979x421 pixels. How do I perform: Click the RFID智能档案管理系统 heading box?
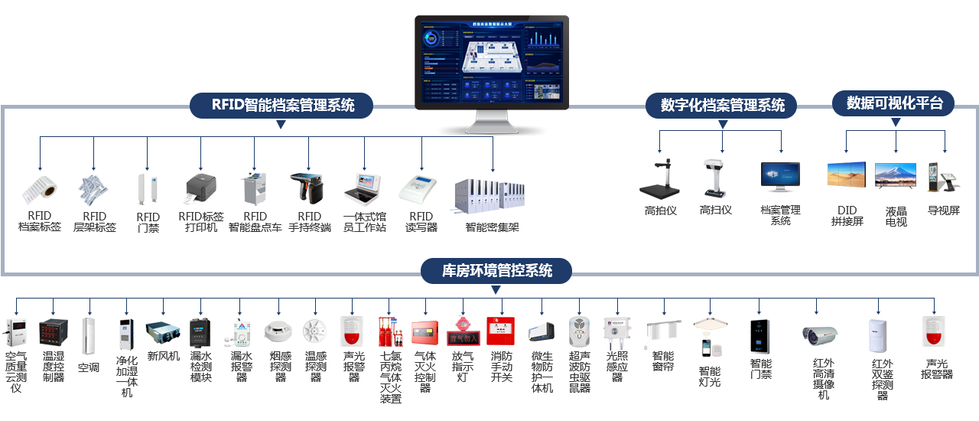pyautogui.click(x=282, y=106)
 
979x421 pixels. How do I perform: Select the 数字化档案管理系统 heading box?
pyautogui.click(x=722, y=106)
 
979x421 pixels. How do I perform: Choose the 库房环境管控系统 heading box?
pyautogui.click(x=496, y=270)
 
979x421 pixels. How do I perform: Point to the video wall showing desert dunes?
pyautogui.click(x=846, y=175)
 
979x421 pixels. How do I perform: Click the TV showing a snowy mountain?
pyautogui.click(x=894, y=176)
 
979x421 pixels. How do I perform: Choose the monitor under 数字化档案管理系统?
pyautogui.click(x=779, y=177)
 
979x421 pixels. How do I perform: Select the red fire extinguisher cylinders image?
pyautogui.click(x=390, y=331)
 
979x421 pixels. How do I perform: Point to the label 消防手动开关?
pyautogui.click(x=501, y=367)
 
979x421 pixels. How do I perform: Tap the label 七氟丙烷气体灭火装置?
pyautogui.click(x=390, y=377)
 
